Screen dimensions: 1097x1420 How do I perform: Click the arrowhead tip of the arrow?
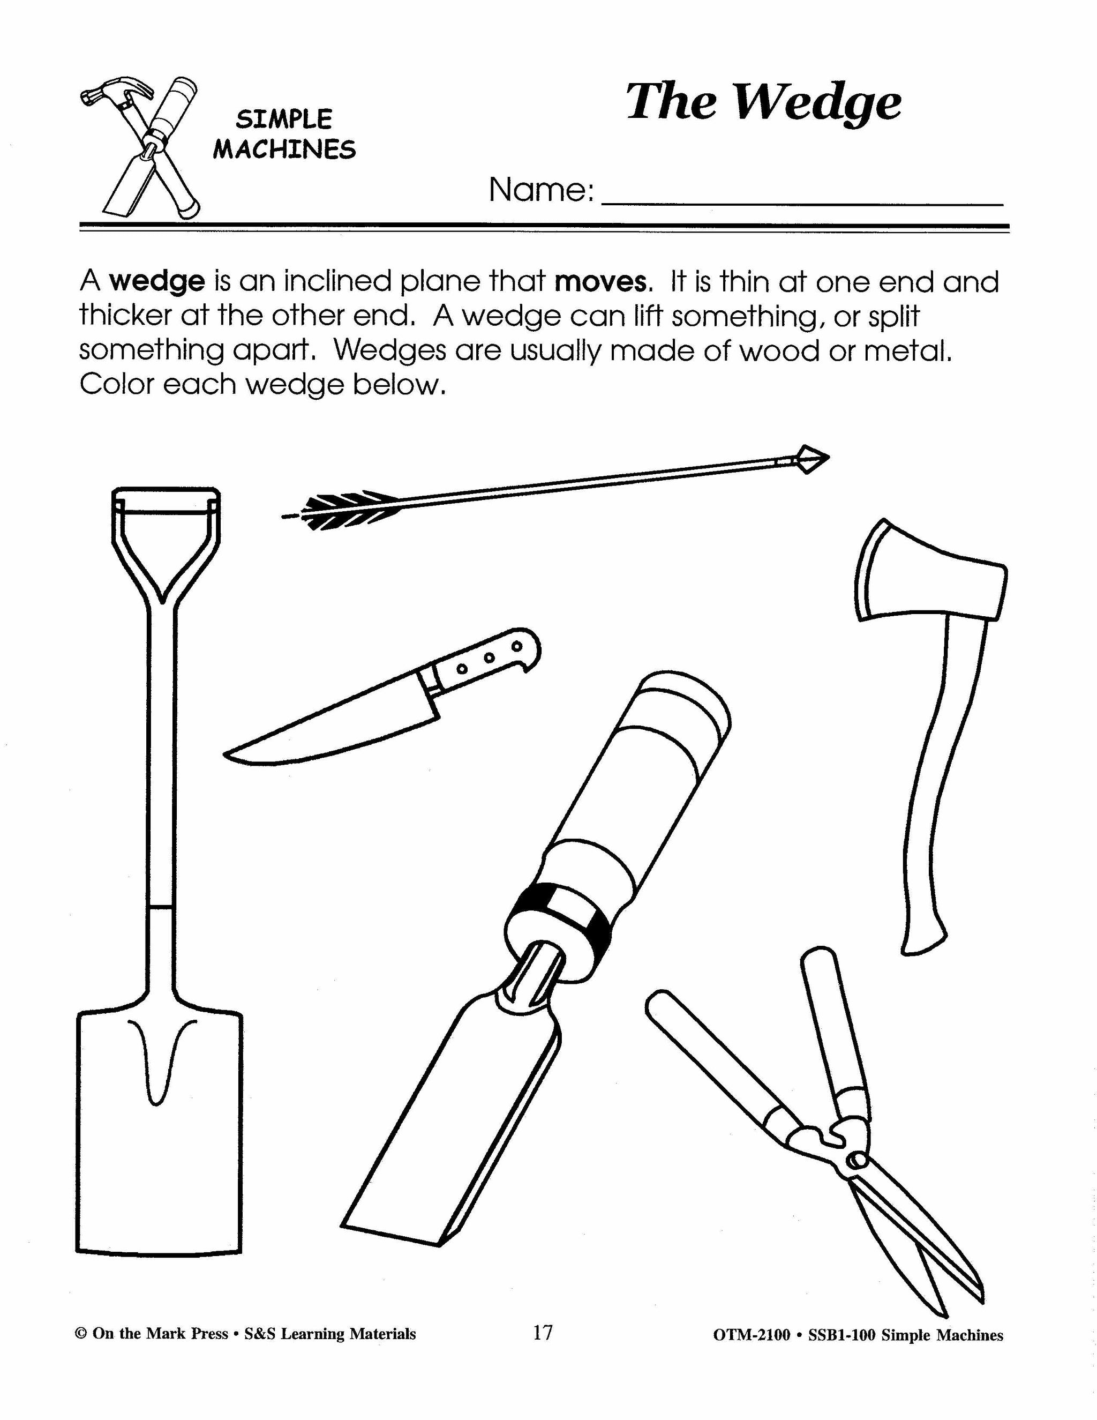[x=829, y=458]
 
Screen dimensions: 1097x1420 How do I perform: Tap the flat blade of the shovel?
[x=160, y=1131]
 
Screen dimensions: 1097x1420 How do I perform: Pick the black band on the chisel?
[x=559, y=918]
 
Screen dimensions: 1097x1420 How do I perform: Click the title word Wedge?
[x=819, y=103]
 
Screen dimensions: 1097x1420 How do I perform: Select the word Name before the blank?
[x=540, y=190]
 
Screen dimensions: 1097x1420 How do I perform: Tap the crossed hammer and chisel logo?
[x=139, y=147]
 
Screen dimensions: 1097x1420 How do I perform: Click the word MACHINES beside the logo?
[x=284, y=150]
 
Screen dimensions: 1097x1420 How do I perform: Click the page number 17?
[x=543, y=1332]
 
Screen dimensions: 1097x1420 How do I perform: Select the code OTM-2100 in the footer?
[x=752, y=1335]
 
